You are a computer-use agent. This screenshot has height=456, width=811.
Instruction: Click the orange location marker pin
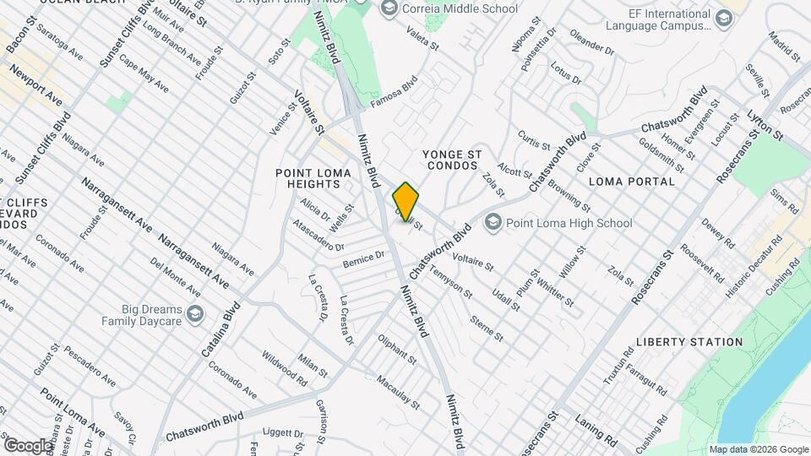point(406,202)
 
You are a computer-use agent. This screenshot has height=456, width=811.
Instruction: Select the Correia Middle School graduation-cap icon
point(389,8)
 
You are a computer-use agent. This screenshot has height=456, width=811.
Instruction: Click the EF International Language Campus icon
point(724,19)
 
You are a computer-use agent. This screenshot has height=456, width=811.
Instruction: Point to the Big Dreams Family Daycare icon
point(196,314)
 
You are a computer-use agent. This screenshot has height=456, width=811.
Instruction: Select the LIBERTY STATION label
point(689,342)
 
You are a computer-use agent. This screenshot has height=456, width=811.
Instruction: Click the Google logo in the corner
point(28,445)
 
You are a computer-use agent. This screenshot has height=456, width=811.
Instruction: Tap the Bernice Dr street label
point(363,260)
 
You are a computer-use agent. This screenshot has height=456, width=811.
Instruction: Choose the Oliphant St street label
point(396,349)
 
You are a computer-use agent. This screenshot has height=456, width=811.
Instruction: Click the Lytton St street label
point(765,125)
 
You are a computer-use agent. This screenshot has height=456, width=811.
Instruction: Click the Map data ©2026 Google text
point(758,449)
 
